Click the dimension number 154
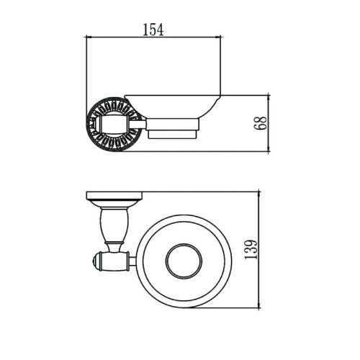point(153,30)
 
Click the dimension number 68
point(260,123)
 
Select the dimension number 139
point(251,249)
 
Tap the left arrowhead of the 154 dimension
point(89,37)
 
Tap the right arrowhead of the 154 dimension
point(218,37)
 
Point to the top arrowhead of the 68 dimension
point(269,98)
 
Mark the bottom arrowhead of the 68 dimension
point(269,149)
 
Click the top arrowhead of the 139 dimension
point(259,194)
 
